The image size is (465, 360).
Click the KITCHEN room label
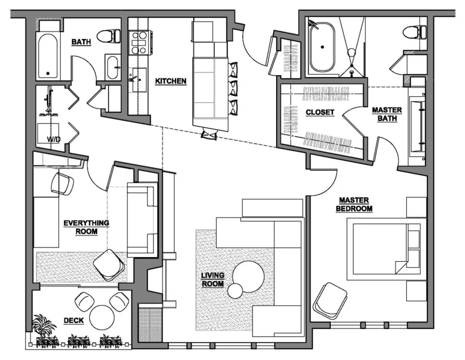171,81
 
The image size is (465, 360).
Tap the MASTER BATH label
387,114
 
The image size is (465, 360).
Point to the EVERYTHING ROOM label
86,227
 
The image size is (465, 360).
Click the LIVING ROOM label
213,280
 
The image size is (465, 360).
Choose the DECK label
74,320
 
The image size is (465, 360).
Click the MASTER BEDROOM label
354,205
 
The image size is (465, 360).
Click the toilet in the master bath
413,32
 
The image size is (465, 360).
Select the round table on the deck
102,317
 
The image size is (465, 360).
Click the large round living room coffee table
248,276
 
